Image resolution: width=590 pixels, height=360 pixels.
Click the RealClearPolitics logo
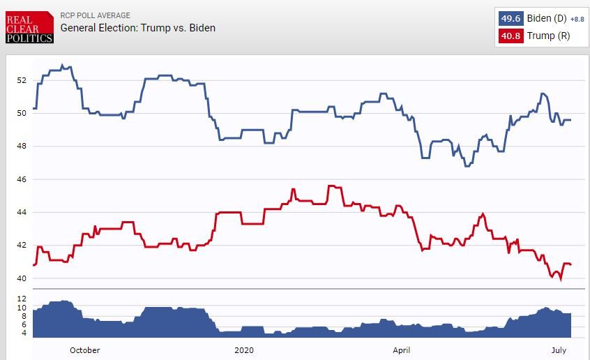pyautogui.click(x=29, y=27)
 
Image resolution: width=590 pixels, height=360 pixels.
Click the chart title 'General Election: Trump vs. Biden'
pyautogui.click(x=138, y=28)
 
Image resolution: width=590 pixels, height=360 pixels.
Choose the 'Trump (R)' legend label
pyautogui.click(x=547, y=36)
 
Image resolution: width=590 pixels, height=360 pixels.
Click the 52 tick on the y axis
pyautogui.click(x=22, y=80)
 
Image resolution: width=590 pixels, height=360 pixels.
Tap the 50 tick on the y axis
pyautogui.click(x=22, y=112)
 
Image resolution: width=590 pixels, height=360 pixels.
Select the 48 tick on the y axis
pyautogui.click(x=22, y=146)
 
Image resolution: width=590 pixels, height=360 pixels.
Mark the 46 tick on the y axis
pyautogui.click(x=22, y=179)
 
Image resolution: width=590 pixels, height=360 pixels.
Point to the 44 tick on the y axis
pyautogui.click(x=22, y=212)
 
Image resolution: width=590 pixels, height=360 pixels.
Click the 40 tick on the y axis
pyautogui.click(x=22, y=278)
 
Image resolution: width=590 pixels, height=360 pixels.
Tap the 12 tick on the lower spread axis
pyautogui.click(x=22, y=299)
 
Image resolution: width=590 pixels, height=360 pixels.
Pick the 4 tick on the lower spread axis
pyautogui.click(x=23, y=333)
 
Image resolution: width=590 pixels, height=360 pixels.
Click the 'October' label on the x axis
pyautogui.click(x=84, y=350)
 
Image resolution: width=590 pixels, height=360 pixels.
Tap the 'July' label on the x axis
pyautogui.click(x=559, y=350)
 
